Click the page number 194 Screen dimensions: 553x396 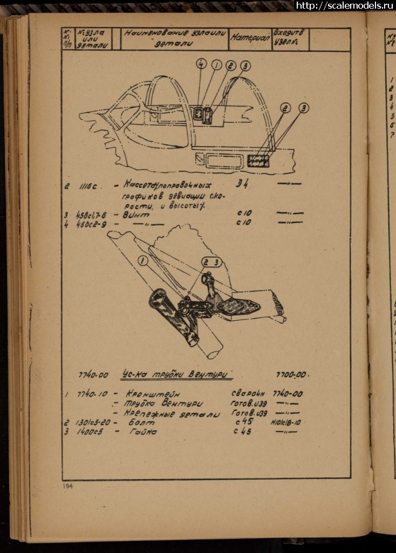pyautogui.click(x=67, y=486)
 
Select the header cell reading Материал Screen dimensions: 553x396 pyautogui.click(x=251, y=39)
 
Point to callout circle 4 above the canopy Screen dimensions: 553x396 pyautogui.click(x=201, y=65)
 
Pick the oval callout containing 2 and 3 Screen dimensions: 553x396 pyautogui.click(x=211, y=262)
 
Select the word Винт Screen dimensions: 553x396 pyautogui.click(x=135, y=214)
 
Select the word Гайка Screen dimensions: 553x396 pyautogui.click(x=142, y=432)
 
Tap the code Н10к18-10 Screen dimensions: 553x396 pyautogui.click(x=286, y=422)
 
